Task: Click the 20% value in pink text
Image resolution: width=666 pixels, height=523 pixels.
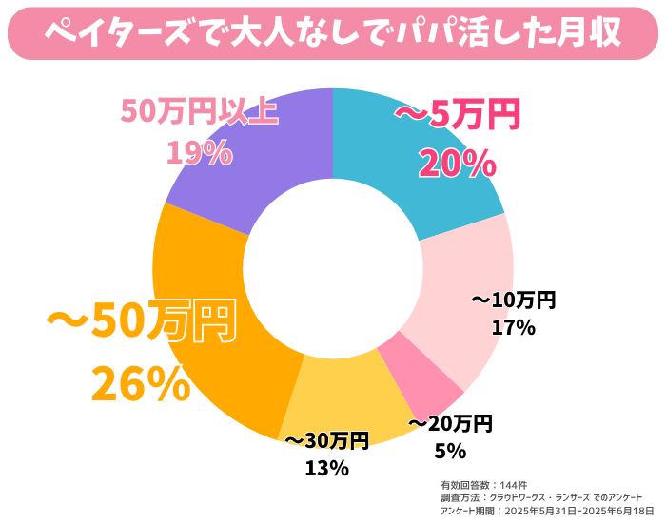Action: tap(457, 165)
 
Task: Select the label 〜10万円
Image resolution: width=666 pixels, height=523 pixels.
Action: tap(514, 300)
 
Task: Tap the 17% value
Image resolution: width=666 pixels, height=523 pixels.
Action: tap(514, 328)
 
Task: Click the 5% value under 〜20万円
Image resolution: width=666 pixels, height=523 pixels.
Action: tap(450, 450)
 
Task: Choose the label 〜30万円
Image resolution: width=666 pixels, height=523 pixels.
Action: tap(326, 440)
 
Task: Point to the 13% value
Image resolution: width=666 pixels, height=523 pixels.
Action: tap(326, 468)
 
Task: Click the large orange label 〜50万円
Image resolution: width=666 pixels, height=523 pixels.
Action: tap(140, 323)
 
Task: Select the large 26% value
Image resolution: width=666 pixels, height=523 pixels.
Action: tap(141, 382)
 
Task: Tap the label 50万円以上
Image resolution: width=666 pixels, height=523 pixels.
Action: tap(199, 111)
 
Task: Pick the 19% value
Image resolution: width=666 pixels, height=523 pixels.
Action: tap(199, 152)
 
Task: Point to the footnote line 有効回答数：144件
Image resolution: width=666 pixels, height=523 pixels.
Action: tap(479, 484)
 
